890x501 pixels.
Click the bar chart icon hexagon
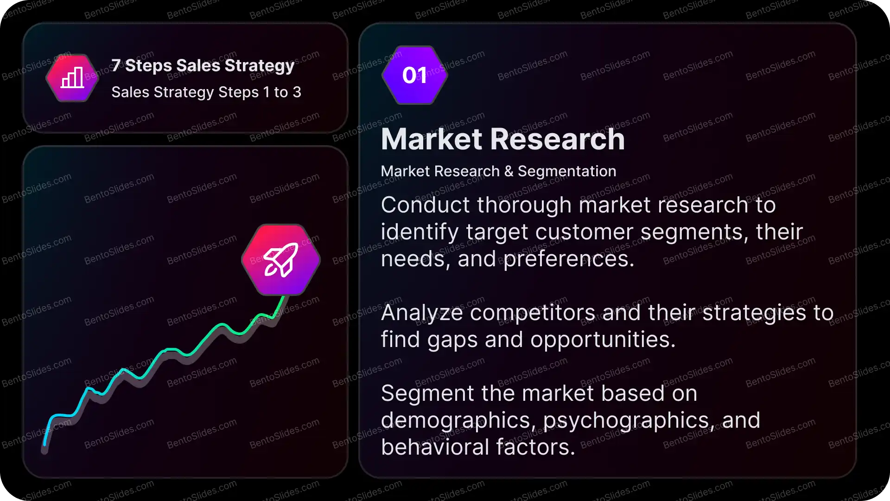(x=72, y=78)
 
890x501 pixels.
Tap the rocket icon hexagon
(x=281, y=260)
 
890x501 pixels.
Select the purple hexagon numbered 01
(x=415, y=75)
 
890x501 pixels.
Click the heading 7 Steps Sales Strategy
(x=203, y=65)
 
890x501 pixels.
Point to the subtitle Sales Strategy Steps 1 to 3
(x=206, y=92)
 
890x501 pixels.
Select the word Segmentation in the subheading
(x=567, y=171)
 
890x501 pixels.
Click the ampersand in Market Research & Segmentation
(x=509, y=171)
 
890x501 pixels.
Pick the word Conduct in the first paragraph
(x=425, y=205)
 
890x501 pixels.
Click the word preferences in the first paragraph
(x=569, y=259)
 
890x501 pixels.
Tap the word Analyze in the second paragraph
(x=422, y=313)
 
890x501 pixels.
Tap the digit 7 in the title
(x=116, y=65)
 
